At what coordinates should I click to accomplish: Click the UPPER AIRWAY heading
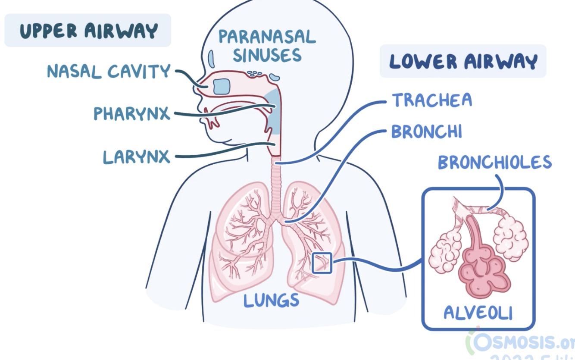[x=88, y=31]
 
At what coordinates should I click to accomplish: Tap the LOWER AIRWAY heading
[x=463, y=62]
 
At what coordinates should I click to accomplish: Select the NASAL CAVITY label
[x=109, y=71]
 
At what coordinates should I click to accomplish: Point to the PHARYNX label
[x=132, y=114]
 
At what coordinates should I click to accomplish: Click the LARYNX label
[x=137, y=157]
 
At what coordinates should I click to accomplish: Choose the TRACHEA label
[x=432, y=100]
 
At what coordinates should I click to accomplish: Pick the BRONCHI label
[x=427, y=131]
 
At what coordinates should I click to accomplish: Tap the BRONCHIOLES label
[x=494, y=163]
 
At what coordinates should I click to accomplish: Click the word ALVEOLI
[x=478, y=313]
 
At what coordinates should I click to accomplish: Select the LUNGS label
[x=271, y=300]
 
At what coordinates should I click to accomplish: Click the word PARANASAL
[x=267, y=37]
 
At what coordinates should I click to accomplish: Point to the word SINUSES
[x=267, y=56]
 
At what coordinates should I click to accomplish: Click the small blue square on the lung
[x=322, y=263]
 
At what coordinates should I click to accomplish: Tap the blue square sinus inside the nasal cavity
[x=222, y=86]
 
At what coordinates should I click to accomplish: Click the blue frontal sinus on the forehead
[x=211, y=57]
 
